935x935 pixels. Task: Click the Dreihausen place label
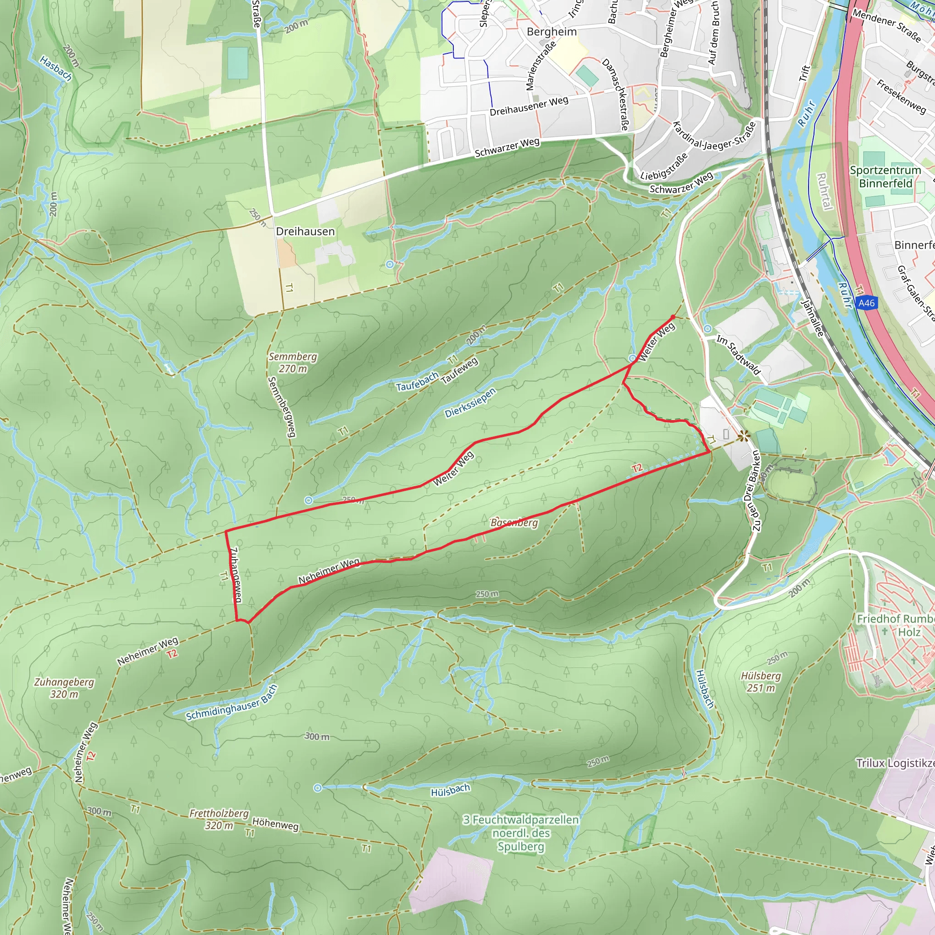tap(305, 231)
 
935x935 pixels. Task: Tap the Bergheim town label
tap(552, 32)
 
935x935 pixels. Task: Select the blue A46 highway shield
tap(866, 303)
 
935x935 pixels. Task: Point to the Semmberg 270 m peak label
tap(293, 362)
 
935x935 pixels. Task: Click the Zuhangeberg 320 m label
tap(64, 688)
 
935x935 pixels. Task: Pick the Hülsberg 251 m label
tap(761, 682)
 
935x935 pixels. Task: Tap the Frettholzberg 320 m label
tap(219, 819)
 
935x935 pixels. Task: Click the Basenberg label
tap(514, 523)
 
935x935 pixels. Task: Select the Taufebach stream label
tap(417, 381)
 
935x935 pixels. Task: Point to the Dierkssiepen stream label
tap(470, 403)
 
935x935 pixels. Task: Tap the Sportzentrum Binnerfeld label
tap(885, 177)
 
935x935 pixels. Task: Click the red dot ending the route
tap(672, 317)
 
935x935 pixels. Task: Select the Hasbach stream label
tap(56, 68)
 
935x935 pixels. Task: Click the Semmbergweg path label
tap(281, 406)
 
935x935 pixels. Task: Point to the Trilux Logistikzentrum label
tap(895, 763)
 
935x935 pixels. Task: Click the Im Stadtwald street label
tap(739, 355)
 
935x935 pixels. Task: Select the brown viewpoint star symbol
tap(744, 436)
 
